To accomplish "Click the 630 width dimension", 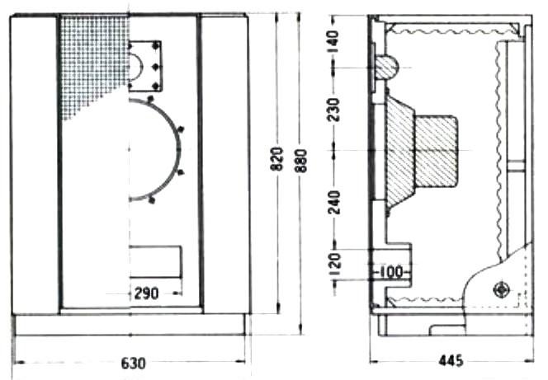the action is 133,364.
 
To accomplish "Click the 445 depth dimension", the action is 451,361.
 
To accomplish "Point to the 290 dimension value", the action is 146,293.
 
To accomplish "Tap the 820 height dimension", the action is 276,159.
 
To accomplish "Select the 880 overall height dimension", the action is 300,161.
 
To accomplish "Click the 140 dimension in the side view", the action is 334,41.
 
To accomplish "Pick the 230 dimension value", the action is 333,110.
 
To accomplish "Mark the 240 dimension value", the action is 334,203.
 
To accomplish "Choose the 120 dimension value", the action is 335,264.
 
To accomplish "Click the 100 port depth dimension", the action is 391,272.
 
